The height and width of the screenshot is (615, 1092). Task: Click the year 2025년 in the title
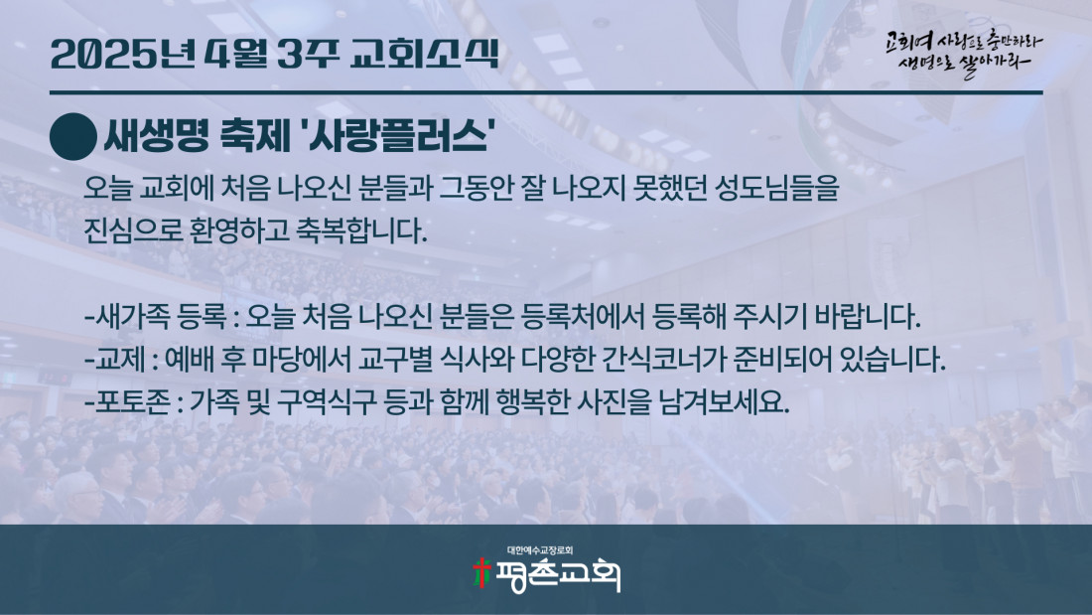[123, 54]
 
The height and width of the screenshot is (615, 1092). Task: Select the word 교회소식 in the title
[425, 54]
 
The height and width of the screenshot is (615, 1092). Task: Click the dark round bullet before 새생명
[73, 137]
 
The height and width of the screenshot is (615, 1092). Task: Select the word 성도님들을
[777, 188]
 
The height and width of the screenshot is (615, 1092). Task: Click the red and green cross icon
[481, 573]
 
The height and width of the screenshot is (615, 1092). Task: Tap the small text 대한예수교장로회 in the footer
[540, 550]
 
